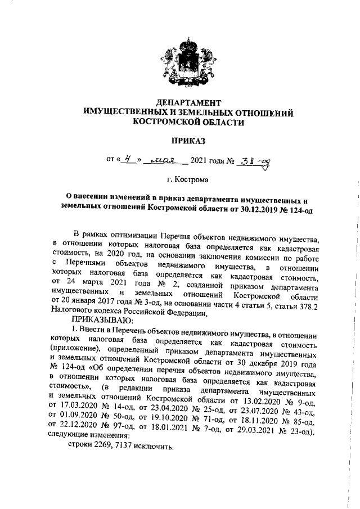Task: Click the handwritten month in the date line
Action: (x=164, y=161)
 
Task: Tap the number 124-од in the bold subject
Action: (x=305, y=209)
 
